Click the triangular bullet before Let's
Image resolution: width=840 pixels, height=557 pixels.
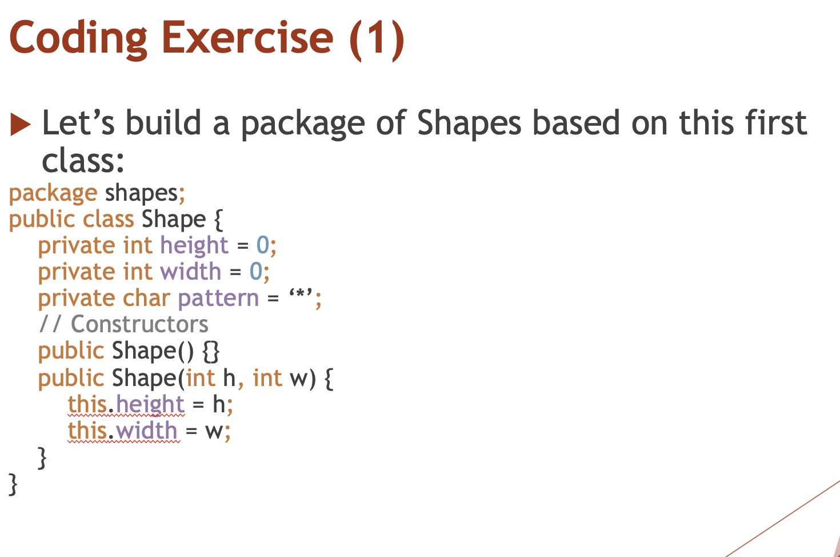click(20, 124)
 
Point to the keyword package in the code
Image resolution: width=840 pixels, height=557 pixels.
click(53, 194)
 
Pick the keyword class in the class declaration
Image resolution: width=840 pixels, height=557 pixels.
click(109, 220)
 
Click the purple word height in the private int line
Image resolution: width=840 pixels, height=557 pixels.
click(194, 246)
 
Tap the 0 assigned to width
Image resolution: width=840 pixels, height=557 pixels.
click(256, 272)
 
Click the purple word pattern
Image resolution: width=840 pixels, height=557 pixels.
click(218, 299)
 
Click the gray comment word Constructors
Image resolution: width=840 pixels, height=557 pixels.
click(139, 324)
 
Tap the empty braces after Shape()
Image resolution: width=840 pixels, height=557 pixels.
click(211, 351)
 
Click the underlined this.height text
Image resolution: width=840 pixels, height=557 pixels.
click(126, 404)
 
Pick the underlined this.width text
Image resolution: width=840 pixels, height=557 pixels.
click(123, 431)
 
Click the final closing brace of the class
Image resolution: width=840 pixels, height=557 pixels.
click(13, 484)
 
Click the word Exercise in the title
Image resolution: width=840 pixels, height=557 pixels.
click(247, 38)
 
